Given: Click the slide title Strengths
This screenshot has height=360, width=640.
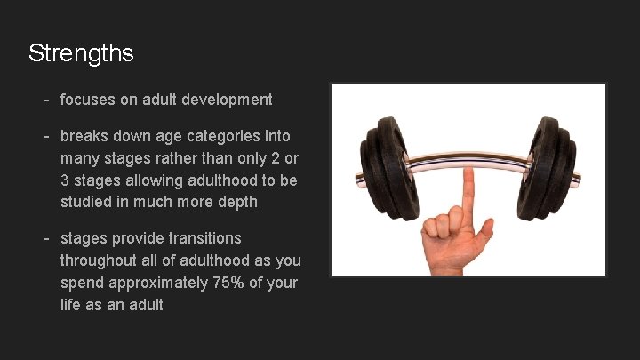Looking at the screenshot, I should pos(81,53).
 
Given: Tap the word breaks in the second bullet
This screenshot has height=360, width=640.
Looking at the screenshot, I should pos(82,136).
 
